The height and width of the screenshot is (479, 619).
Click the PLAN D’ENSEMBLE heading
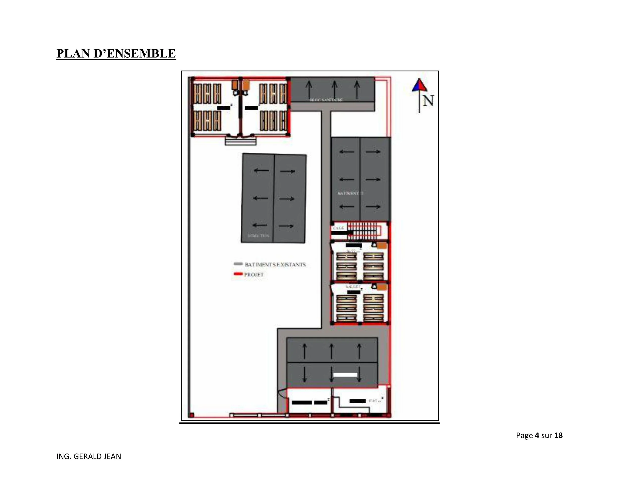pos(116,53)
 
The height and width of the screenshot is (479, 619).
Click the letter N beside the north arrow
pos(428,101)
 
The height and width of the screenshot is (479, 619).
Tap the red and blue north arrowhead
pos(419,85)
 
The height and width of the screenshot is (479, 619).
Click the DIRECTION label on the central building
pos(258,236)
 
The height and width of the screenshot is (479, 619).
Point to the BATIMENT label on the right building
pos(350,193)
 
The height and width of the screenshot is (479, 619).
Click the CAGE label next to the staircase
pos(338,228)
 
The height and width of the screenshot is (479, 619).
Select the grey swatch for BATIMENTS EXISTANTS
pos(238,264)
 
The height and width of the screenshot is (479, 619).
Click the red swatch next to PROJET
pos(238,274)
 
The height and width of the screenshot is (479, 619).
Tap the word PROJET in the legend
pos(254,275)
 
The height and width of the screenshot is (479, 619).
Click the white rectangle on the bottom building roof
pos(345,375)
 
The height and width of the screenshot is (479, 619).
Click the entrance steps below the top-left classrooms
pos(240,141)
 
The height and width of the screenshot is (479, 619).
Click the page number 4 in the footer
pos(537,435)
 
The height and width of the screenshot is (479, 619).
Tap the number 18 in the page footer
pos(558,435)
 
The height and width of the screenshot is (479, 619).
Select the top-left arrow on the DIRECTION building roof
pos(261,171)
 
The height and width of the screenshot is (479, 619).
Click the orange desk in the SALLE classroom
pos(382,287)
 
